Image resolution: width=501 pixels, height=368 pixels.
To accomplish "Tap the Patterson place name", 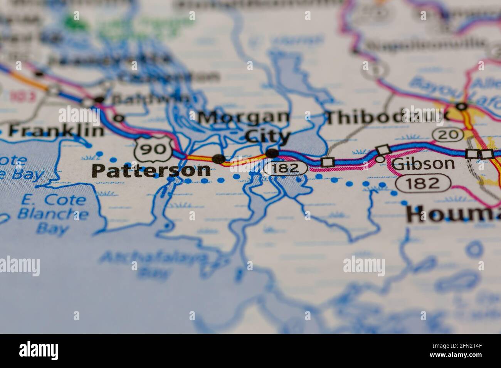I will coord(151,171).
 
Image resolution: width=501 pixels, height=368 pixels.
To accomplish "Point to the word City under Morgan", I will coord(267,136).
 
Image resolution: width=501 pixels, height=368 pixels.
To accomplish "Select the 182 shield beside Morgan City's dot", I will coord(287,168).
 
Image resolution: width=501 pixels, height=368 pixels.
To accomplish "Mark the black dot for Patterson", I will coord(219,158).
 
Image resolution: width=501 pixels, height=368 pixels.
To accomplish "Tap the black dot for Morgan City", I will coord(273,153).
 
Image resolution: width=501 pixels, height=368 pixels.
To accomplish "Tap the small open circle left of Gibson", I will coord(380,158).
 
